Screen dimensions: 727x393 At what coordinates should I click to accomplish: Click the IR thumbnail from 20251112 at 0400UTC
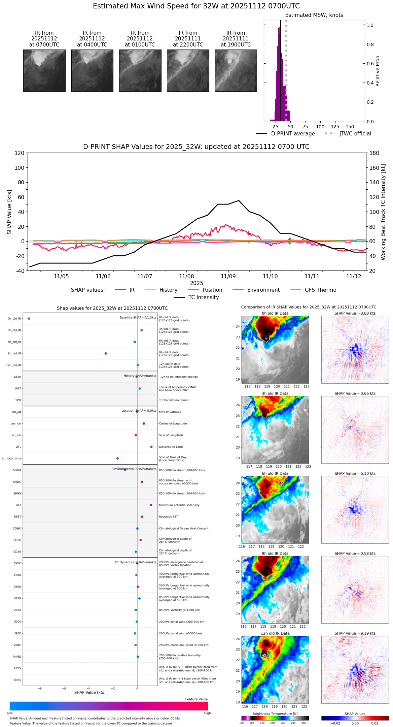coord(92,70)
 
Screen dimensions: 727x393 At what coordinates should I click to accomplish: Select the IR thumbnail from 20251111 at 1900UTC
coord(236,70)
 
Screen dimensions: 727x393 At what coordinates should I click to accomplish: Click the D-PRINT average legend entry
coord(293,134)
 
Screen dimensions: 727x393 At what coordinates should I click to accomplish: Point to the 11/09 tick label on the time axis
coord(228,276)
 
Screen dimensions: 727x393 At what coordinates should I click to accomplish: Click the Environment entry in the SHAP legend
coord(263,290)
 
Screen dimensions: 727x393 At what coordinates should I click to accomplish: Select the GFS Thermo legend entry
coord(320,290)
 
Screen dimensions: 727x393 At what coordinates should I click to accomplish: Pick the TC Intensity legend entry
coord(203,297)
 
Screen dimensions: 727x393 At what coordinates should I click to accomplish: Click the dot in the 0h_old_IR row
coord(29,319)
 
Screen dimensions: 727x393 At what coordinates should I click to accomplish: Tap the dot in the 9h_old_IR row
coord(106,353)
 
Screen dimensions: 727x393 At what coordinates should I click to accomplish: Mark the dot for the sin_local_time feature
coord(117,459)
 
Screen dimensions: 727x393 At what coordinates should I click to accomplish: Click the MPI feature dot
coord(151,505)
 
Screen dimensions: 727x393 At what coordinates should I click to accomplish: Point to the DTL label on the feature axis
coord(19,447)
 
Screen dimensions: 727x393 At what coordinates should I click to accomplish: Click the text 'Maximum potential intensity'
coord(179,505)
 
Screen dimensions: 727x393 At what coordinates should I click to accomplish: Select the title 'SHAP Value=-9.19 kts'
coord(355,633)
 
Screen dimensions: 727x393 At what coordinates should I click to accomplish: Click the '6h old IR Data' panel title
coord(275,473)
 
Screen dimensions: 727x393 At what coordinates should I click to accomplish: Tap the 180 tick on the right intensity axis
coord(374,153)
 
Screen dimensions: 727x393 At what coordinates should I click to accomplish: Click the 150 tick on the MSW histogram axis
coord(350,127)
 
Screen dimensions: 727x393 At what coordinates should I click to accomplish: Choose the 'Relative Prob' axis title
coord(378,71)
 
